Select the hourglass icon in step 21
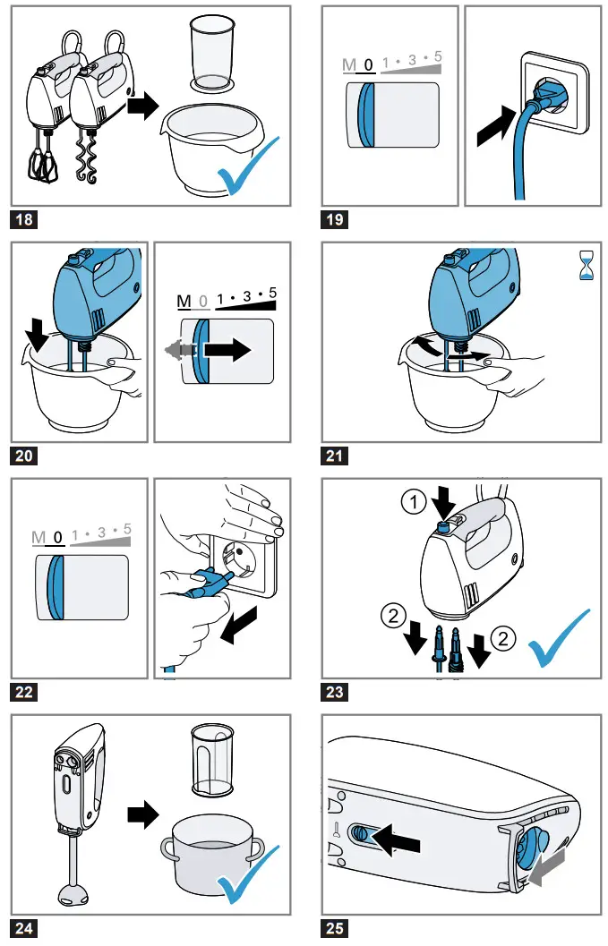click(x=587, y=267)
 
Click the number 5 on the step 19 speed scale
click(x=437, y=58)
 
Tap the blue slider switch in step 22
click(x=56, y=587)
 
